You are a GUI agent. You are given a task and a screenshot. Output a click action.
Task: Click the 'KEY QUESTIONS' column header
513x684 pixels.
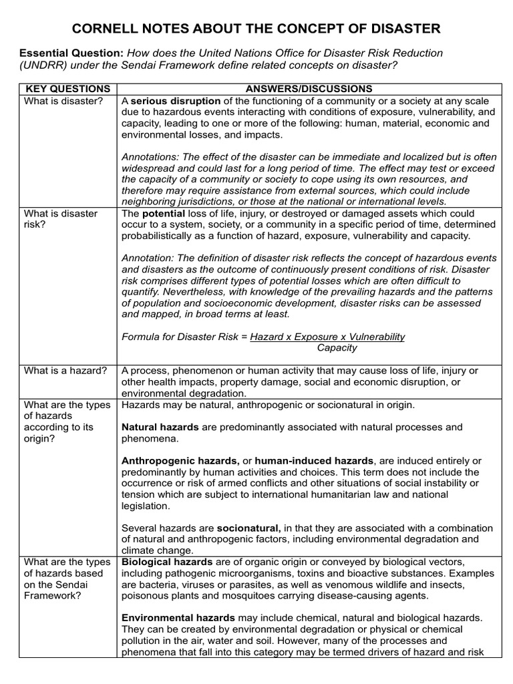(x=67, y=89)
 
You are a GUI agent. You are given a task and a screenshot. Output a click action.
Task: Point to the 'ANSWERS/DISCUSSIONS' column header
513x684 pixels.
(x=309, y=89)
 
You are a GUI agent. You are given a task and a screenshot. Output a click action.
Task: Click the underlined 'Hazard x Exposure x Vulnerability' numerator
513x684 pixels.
(x=327, y=337)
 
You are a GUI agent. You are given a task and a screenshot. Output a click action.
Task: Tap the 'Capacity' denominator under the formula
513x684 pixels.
(x=337, y=348)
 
